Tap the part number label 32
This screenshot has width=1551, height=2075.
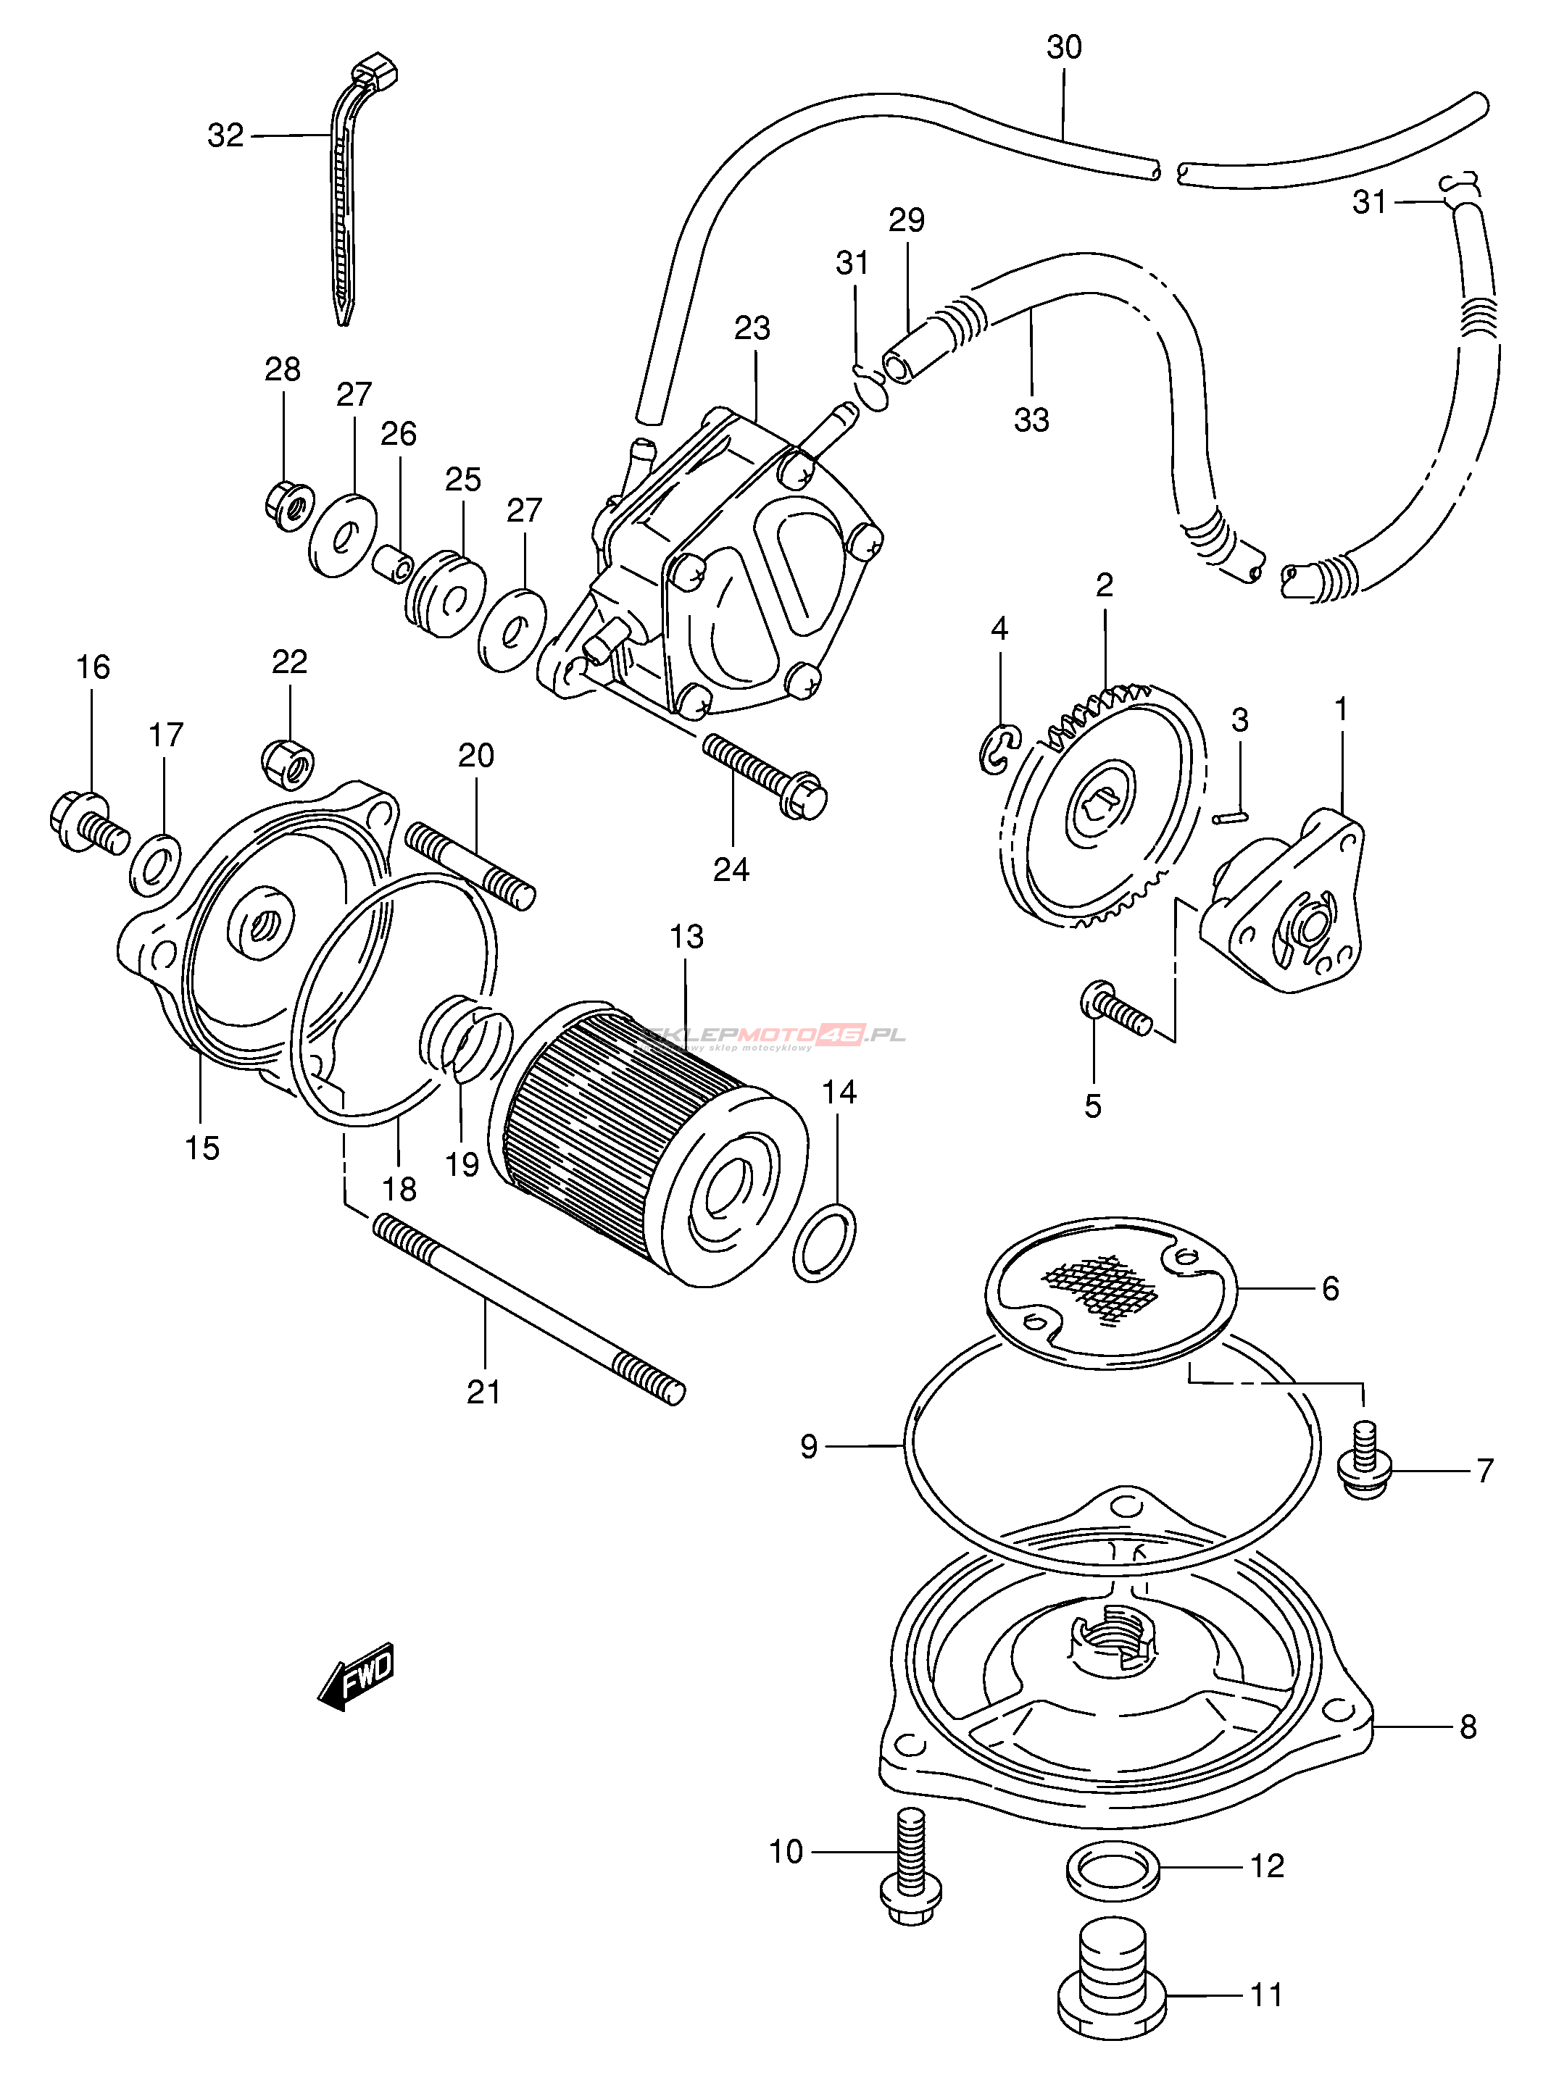[x=225, y=136]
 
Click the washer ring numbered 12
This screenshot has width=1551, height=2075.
[x=1113, y=1867]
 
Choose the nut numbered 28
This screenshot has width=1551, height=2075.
[x=287, y=506]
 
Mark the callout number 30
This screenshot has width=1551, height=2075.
[x=1064, y=47]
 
